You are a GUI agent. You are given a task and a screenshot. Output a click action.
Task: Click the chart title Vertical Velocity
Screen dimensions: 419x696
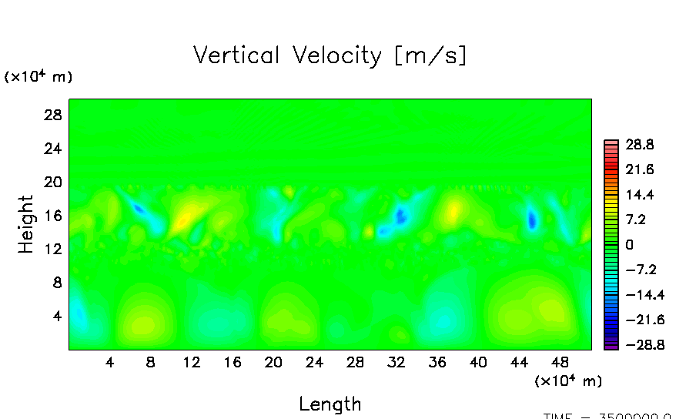pyautogui.click(x=330, y=55)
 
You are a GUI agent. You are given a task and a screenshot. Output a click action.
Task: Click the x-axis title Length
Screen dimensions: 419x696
pyautogui.click(x=330, y=404)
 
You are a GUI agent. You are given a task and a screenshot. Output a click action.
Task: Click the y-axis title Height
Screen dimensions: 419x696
pyautogui.click(x=26, y=224)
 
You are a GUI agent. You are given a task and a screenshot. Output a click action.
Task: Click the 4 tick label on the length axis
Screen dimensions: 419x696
pyautogui.click(x=110, y=362)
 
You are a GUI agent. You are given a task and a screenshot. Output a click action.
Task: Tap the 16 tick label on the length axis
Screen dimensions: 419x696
pyautogui.click(x=233, y=362)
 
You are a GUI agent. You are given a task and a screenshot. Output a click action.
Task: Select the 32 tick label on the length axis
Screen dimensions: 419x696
pyautogui.click(x=397, y=362)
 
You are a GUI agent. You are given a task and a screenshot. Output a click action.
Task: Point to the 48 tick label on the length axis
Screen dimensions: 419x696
pyautogui.click(x=560, y=362)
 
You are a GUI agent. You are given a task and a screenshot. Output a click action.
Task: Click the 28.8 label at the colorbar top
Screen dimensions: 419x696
pyautogui.click(x=639, y=144)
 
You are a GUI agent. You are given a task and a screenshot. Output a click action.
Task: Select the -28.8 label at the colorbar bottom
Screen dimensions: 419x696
pyautogui.click(x=636, y=345)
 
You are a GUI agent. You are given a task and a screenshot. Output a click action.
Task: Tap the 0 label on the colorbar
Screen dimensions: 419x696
pyautogui.click(x=629, y=244)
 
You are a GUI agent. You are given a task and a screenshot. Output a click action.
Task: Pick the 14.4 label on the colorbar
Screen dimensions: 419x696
pyautogui.click(x=639, y=194)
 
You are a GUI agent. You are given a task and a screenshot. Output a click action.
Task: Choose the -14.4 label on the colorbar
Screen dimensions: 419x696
pyautogui.click(x=636, y=294)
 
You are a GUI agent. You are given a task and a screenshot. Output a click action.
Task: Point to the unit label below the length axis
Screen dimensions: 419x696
pyautogui.click(x=568, y=380)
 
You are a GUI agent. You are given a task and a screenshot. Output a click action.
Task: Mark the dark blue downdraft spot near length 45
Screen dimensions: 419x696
pyautogui.click(x=532, y=220)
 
